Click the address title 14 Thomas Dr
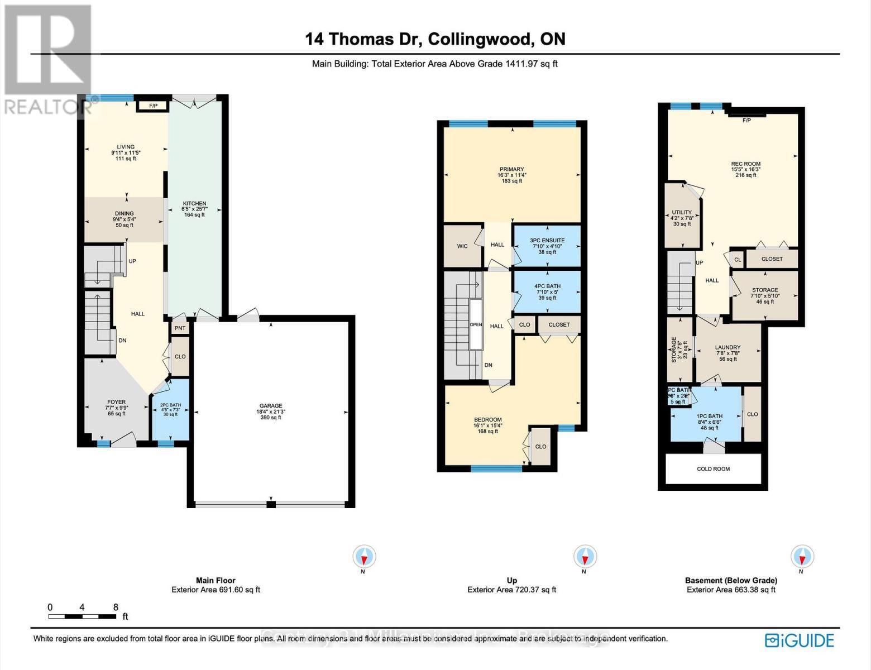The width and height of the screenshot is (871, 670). click(435, 39)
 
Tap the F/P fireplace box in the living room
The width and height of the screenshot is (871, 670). click(152, 106)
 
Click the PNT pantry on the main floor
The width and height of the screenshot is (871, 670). click(180, 328)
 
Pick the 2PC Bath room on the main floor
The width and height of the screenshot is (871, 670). click(170, 409)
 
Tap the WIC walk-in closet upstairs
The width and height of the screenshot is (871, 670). click(462, 246)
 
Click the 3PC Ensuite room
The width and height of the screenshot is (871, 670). click(547, 246)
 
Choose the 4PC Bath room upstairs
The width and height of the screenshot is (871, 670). click(547, 291)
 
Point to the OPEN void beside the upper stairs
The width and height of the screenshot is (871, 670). click(476, 324)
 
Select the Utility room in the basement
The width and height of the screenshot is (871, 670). click(682, 218)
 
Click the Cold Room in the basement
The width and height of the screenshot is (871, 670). click(713, 469)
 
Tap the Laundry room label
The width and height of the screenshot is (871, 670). click(728, 352)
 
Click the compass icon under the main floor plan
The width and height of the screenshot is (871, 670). click(364, 557)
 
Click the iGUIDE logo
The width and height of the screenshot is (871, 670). click(800, 640)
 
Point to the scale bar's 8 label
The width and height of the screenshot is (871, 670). click(116, 607)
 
